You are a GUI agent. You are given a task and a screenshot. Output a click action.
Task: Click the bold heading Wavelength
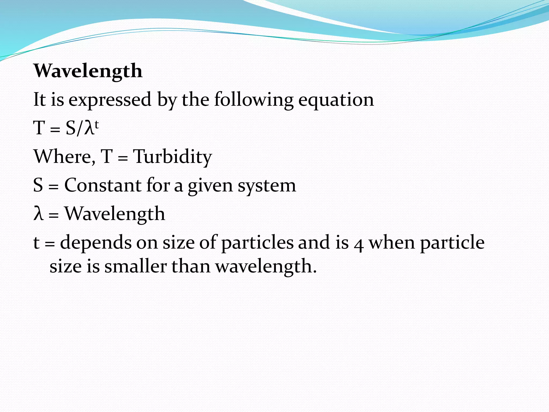tap(88, 71)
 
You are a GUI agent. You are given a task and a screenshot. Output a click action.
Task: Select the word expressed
tap(110, 100)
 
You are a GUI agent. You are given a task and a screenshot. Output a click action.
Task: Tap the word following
tap(254, 100)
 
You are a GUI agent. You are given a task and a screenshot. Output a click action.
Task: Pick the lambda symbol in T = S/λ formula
tap(89, 128)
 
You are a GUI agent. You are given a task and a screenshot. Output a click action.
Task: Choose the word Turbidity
tap(173, 157)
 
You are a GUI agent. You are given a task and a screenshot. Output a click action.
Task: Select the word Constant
tap(103, 185)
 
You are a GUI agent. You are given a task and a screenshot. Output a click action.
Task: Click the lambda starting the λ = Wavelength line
tap(38, 214)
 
